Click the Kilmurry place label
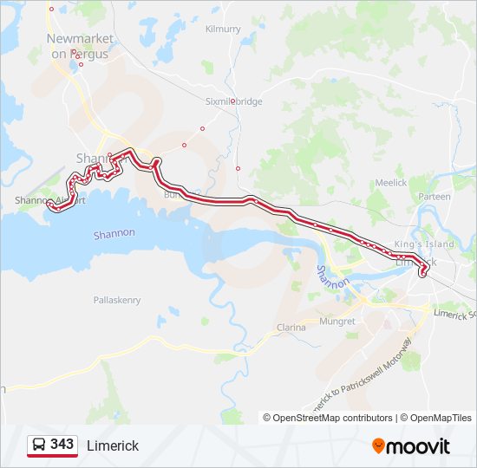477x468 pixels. pyautogui.click(x=223, y=29)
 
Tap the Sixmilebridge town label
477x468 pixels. pyautogui.click(x=233, y=101)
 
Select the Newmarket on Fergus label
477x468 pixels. pyautogui.click(x=79, y=47)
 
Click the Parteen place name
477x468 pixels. pyautogui.click(x=434, y=197)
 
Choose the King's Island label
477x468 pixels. pyautogui.click(x=424, y=244)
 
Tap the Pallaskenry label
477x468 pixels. pyautogui.click(x=116, y=300)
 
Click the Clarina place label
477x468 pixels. pyautogui.click(x=291, y=328)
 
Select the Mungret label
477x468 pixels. pyautogui.click(x=338, y=321)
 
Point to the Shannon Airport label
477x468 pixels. pyautogui.click(x=50, y=200)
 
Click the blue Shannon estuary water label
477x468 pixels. pyautogui.click(x=114, y=234)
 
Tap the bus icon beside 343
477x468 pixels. pyautogui.click(x=38, y=445)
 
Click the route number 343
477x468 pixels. pyautogui.click(x=62, y=444)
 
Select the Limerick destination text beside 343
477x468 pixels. pyautogui.click(x=112, y=445)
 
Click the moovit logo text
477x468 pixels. pyautogui.click(x=418, y=446)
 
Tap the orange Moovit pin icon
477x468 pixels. pyautogui.click(x=378, y=445)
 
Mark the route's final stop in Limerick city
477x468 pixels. pyautogui.click(x=423, y=275)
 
